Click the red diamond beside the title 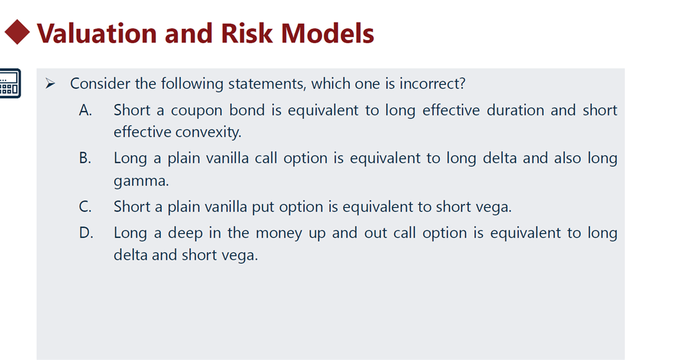pos(17,32)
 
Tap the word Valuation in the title pos(96,33)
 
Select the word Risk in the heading pos(247,33)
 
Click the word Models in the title pos(328,33)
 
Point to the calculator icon pos(9,83)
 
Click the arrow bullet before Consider pos(50,83)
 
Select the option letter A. pos(85,110)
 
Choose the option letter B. pos(85,158)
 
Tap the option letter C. pos(85,207)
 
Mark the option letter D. pos(86,233)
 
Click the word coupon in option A pos(197,111)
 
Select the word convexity pos(209,132)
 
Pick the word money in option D pos(279,234)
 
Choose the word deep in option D pos(185,233)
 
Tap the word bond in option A pos(247,110)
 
